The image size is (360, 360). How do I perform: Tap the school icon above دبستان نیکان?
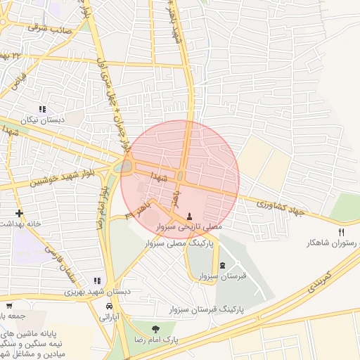click(43, 109)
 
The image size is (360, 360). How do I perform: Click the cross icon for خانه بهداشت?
click(19, 213)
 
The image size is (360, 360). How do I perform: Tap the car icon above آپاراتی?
click(109, 307)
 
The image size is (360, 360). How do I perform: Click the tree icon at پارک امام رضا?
click(155, 328)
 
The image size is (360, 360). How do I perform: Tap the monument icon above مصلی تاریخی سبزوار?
click(189, 215)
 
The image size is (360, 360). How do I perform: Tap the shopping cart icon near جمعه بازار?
click(9, 306)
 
